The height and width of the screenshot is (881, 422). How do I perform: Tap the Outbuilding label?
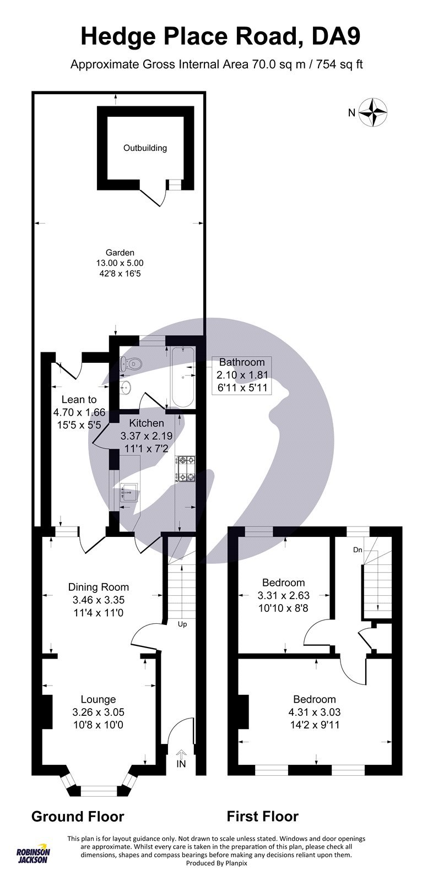coord(145,148)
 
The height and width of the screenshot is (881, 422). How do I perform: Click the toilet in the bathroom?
coord(133,363)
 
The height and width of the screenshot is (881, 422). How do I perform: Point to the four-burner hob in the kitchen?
coord(186,469)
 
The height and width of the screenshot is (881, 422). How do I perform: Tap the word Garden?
coord(120,253)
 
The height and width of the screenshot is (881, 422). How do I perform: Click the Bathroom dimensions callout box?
coord(242,375)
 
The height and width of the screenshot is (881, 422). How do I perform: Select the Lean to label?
coord(79,400)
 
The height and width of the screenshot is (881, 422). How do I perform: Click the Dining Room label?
coord(99,587)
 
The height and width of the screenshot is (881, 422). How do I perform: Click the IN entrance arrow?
coord(181,759)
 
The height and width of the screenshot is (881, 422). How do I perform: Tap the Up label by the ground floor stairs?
coord(182,624)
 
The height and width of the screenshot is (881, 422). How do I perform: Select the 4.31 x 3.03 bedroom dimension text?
coord(314,712)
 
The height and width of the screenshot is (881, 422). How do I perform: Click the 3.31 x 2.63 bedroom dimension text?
coord(283,595)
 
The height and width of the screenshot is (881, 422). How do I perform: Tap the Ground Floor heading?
coord(78,816)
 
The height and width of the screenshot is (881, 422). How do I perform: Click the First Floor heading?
coord(263,816)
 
